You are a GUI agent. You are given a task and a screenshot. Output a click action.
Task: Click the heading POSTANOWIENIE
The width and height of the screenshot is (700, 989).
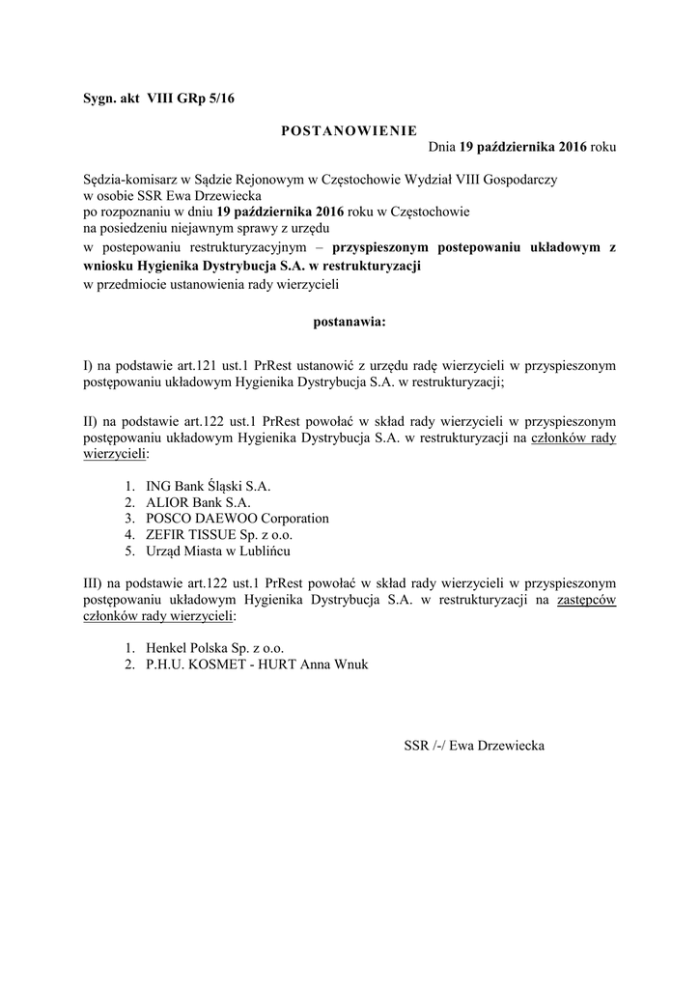pyautogui.click(x=349, y=130)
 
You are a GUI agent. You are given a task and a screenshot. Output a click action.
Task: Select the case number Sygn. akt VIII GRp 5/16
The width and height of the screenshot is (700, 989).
pyautogui.click(x=158, y=99)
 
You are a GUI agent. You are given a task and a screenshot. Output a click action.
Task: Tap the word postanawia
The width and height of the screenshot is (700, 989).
pyautogui.click(x=349, y=321)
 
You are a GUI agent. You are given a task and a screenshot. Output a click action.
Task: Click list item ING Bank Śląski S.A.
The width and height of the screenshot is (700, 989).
pyautogui.click(x=208, y=486)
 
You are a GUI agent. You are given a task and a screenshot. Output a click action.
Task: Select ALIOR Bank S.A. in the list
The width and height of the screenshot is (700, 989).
pyautogui.click(x=198, y=502)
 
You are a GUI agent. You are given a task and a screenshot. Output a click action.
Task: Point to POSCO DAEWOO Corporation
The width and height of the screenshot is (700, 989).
pyautogui.click(x=238, y=519)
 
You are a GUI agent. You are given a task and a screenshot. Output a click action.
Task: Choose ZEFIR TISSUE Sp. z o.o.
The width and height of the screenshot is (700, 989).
pyautogui.click(x=219, y=535)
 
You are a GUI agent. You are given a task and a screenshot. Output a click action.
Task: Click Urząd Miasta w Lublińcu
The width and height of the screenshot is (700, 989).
pyautogui.click(x=218, y=551)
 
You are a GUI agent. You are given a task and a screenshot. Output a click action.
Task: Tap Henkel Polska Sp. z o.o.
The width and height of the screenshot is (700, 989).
pyautogui.click(x=215, y=648)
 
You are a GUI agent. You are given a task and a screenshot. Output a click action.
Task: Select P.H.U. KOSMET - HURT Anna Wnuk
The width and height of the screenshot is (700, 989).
pyautogui.click(x=257, y=664)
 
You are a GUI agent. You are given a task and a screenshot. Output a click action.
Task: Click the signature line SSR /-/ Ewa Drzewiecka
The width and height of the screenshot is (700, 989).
pyautogui.click(x=474, y=746)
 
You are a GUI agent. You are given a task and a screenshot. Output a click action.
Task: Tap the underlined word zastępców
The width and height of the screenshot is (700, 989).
pyautogui.click(x=587, y=600)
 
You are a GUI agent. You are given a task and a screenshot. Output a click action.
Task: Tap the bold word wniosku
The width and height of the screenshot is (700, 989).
pyautogui.click(x=108, y=264)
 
